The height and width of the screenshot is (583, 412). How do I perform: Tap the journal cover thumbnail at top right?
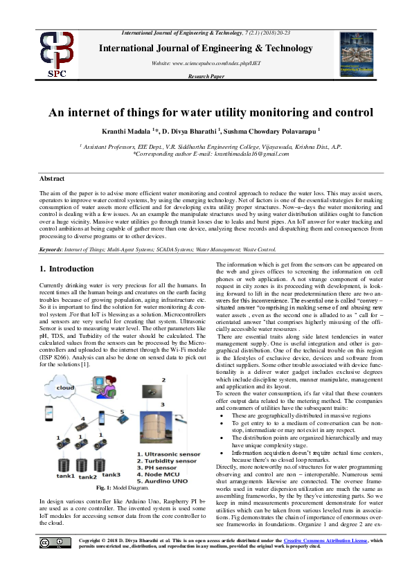pyautogui.click(x=357, y=54)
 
